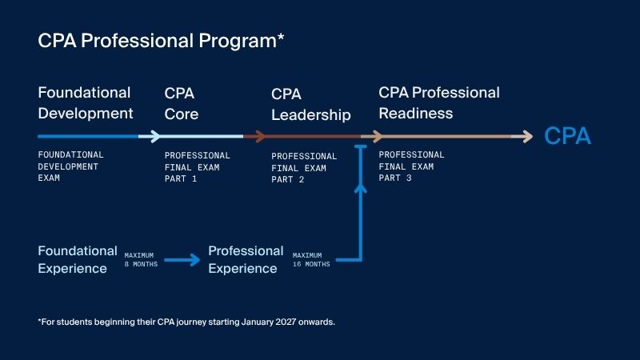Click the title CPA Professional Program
157,42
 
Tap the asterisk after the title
281,37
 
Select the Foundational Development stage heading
86,103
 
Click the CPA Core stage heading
182,104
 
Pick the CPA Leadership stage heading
311,105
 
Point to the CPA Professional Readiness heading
439,103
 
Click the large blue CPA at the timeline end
567,136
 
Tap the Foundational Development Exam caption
70,166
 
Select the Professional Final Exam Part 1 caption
197,167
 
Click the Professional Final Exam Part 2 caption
304,168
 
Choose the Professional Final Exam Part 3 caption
411,166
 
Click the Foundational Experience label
78,259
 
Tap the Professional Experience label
246,259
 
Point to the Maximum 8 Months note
141,259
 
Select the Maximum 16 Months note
311,259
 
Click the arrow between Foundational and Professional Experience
182,260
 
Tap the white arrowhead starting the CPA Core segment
155,136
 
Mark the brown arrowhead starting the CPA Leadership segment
260,136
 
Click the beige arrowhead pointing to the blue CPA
527,136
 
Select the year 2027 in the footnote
286,322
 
